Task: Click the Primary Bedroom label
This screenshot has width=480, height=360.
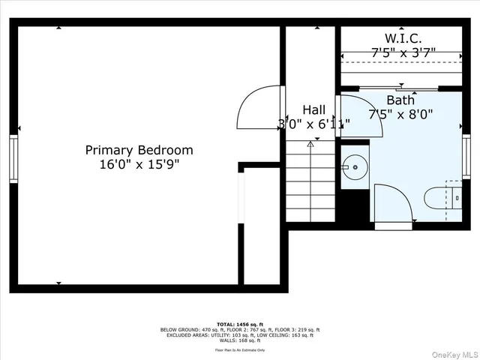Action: (139, 150)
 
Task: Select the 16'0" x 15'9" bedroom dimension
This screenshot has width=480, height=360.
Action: (139, 163)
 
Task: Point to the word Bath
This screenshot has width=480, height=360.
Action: (400, 100)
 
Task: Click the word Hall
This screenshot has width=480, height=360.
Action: (314, 109)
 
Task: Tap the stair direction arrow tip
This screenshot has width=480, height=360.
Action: (310, 142)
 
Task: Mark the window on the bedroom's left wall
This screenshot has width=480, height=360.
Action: (13, 157)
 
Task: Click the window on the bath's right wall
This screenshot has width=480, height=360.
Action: (466, 154)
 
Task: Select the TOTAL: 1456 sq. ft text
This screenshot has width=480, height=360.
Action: (239, 324)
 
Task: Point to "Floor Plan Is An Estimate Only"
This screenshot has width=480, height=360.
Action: (239, 350)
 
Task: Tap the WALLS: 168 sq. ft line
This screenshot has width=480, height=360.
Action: (239, 341)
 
